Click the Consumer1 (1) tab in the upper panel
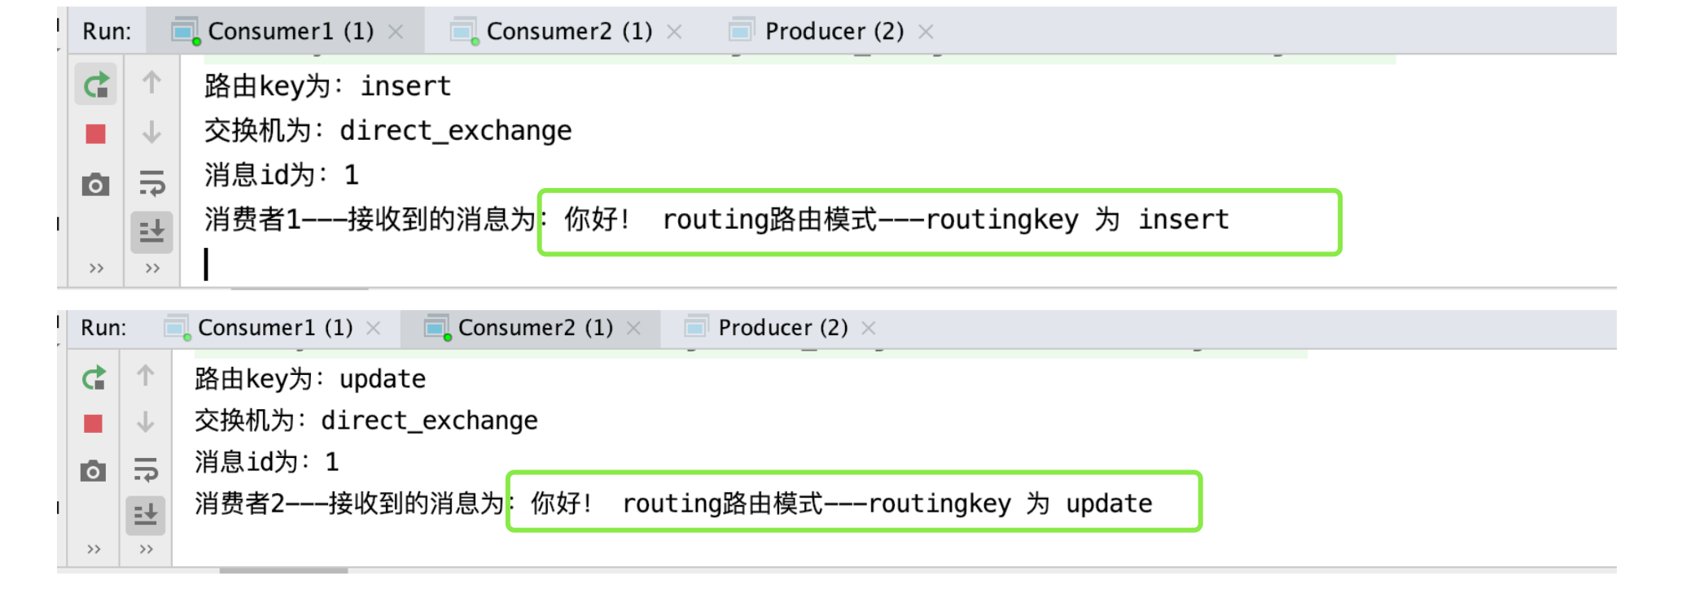290,31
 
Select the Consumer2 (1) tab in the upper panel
568,31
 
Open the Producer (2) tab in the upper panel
834,31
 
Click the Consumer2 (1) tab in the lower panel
535,328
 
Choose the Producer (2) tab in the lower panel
782,328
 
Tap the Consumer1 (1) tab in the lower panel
274,328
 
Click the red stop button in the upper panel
95,133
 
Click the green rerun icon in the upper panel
96,85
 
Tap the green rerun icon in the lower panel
94,378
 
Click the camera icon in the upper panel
95,185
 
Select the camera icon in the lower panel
93,471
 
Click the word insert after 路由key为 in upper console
405,86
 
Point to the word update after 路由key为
383,379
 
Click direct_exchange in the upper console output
455,130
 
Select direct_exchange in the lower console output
429,421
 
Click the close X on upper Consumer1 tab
396,32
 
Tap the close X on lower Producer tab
869,328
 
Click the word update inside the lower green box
1109,504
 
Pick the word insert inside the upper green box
1183,220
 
